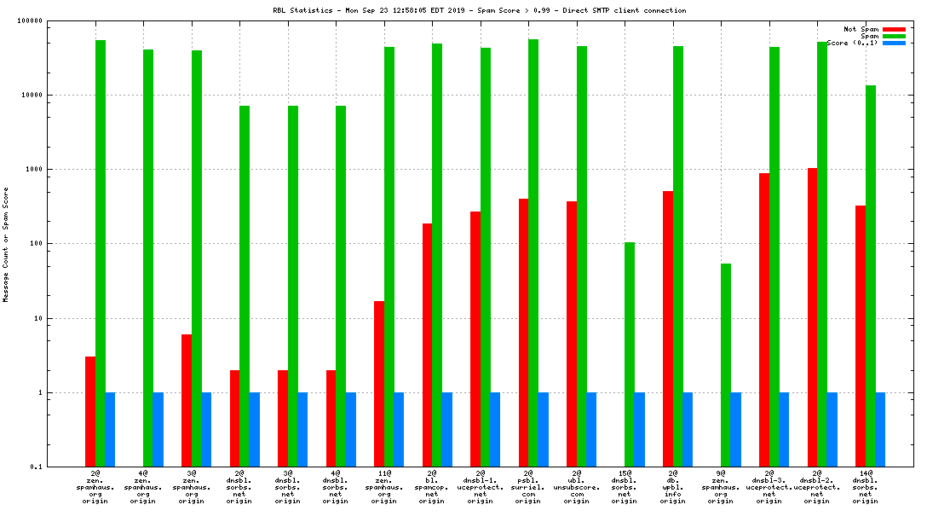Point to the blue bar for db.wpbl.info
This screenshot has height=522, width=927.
coord(688,429)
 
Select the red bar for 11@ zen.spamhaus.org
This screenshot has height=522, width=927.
coord(379,384)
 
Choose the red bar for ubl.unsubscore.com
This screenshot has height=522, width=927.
coord(572,333)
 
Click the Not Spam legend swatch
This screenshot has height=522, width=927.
coord(894,29)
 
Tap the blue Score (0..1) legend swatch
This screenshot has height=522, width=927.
coord(894,43)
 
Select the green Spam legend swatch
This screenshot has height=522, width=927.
coord(894,36)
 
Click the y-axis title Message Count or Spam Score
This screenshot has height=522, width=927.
coord(6,244)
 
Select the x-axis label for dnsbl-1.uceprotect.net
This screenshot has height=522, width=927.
coord(481,486)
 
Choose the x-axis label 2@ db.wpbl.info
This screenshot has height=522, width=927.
coord(673,486)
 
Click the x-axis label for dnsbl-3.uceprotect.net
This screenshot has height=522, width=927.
coord(769,486)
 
